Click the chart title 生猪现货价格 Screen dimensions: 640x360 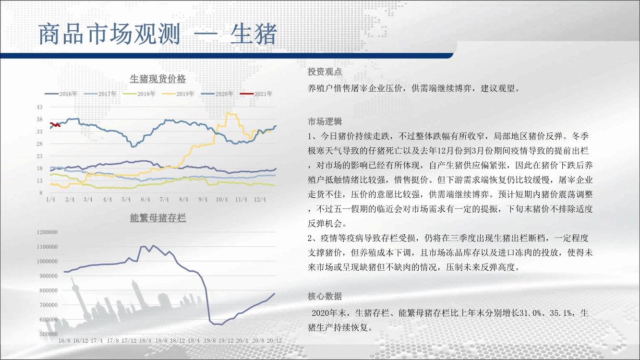(x=157, y=79)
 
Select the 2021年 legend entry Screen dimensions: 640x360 (x=256, y=94)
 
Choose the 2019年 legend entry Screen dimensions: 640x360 (x=178, y=94)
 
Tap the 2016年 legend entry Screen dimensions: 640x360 (x=61, y=94)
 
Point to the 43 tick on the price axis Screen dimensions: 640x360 (x=39, y=107)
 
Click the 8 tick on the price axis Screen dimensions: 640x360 (x=41, y=193)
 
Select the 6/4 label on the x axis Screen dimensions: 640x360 (x=145, y=199)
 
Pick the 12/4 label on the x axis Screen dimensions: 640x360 (x=260, y=199)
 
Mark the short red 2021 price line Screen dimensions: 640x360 (x=55, y=125)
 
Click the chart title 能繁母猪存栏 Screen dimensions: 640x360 (x=157, y=218)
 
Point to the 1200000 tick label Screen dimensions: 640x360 (x=47, y=232)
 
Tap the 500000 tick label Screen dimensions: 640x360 (x=48, y=334)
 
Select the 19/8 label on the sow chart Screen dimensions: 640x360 (x=210, y=341)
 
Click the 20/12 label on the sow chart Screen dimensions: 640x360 (x=274, y=341)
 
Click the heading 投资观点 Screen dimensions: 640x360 (x=325, y=72)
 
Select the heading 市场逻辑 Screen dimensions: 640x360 (x=325, y=122)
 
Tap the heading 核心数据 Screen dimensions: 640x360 (x=325, y=296)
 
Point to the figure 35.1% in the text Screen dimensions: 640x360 (x=561, y=313)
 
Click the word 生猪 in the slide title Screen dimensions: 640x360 (x=254, y=34)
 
